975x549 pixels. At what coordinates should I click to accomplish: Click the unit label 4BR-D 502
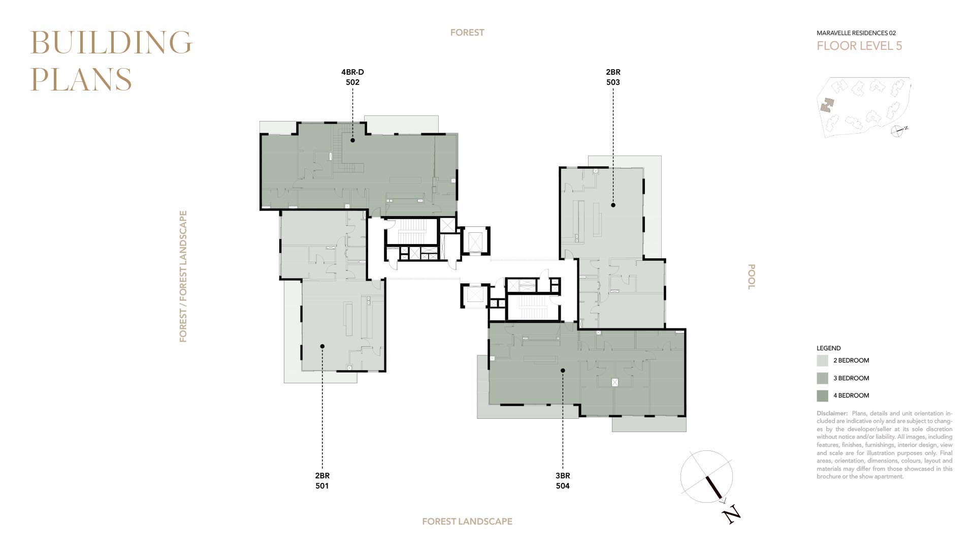pyautogui.click(x=352, y=77)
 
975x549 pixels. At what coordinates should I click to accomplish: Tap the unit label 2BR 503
pyautogui.click(x=613, y=77)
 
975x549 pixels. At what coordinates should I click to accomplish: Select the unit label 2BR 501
pyautogui.click(x=322, y=481)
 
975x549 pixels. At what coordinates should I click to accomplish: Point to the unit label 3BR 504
pyautogui.click(x=563, y=481)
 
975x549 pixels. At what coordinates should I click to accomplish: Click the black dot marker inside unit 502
pyautogui.click(x=352, y=140)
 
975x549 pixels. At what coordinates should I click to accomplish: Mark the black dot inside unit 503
pyautogui.click(x=613, y=205)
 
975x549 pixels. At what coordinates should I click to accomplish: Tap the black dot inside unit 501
pyautogui.click(x=322, y=346)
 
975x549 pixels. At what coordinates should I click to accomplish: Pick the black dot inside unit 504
pyautogui.click(x=563, y=371)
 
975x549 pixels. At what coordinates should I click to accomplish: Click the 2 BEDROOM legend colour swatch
pyautogui.click(x=823, y=361)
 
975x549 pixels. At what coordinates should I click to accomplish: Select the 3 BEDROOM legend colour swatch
pyautogui.click(x=823, y=378)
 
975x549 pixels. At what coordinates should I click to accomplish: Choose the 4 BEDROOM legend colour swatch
pyautogui.click(x=823, y=395)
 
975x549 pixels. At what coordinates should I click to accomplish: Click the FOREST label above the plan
pyautogui.click(x=467, y=33)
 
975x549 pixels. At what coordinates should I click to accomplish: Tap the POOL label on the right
pyautogui.click(x=752, y=277)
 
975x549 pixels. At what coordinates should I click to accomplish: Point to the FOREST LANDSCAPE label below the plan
pyautogui.click(x=467, y=522)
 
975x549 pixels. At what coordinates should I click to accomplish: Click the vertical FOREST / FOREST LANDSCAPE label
pyautogui.click(x=183, y=277)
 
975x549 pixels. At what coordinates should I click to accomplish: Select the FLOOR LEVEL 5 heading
pyautogui.click(x=859, y=46)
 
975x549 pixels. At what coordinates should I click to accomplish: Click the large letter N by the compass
pyautogui.click(x=731, y=514)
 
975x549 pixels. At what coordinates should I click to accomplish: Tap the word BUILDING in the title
pyautogui.click(x=111, y=42)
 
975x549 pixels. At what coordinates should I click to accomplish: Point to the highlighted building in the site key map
pyautogui.click(x=827, y=105)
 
